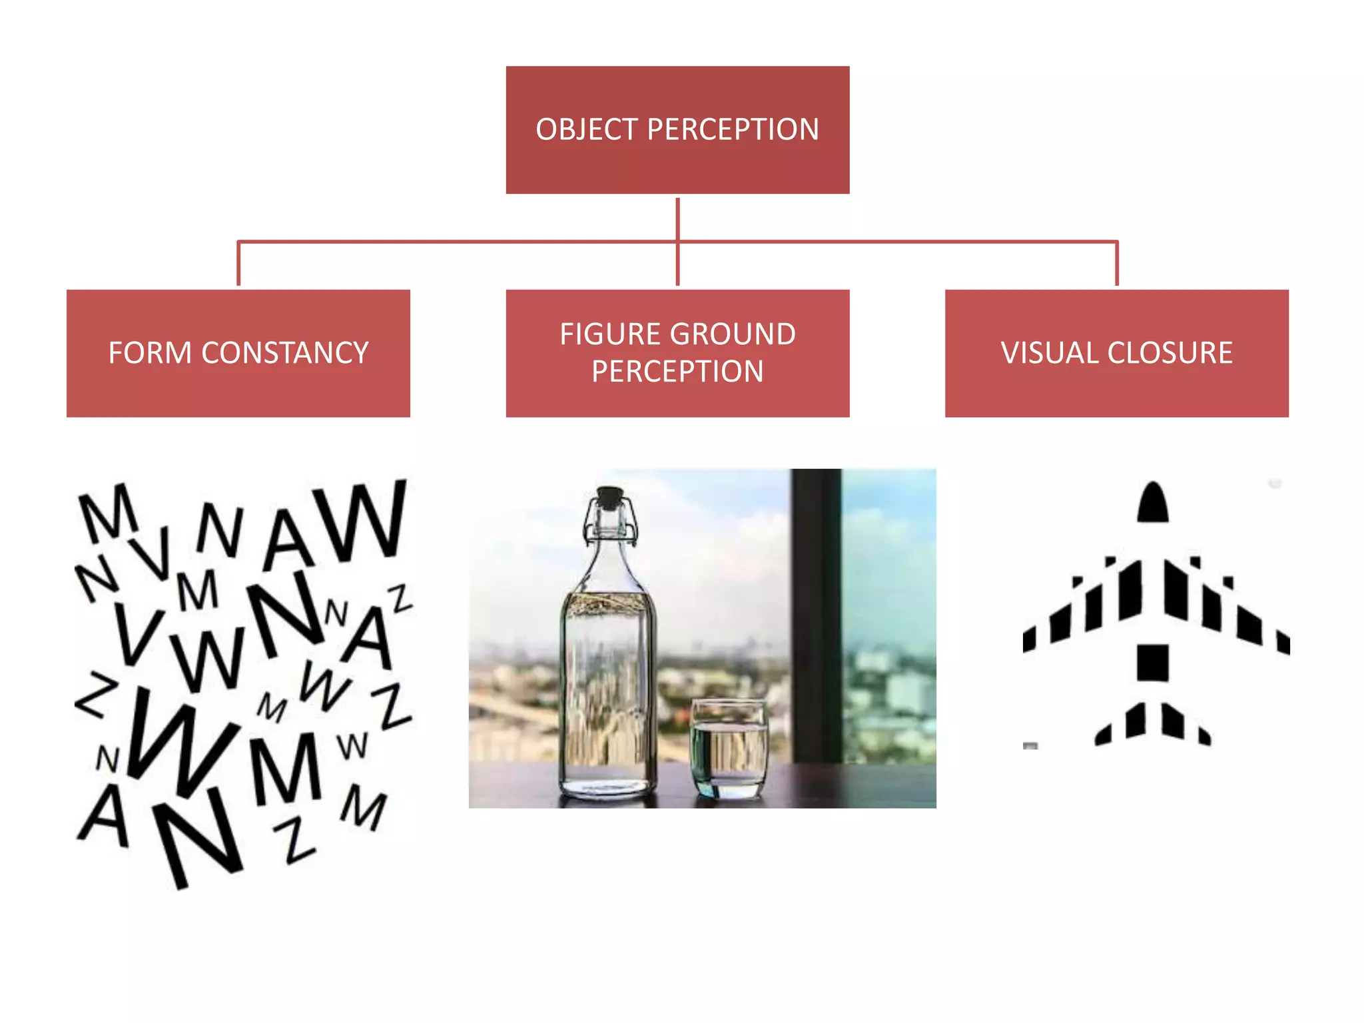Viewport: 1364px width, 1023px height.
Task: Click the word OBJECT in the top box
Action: pyautogui.click(x=587, y=130)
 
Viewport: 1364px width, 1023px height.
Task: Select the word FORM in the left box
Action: pyautogui.click(x=150, y=353)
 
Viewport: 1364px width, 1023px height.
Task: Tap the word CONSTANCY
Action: pyautogui.click(x=284, y=353)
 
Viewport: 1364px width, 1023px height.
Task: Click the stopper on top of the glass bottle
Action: pyautogui.click(x=609, y=497)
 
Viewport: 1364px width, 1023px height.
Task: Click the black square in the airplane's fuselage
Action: pyautogui.click(x=1152, y=662)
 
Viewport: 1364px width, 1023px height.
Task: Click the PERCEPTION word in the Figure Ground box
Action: pyautogui.click(x=677, y=372)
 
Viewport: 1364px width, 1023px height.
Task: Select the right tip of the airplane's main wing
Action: pyautogui.click(x=1283, y=642)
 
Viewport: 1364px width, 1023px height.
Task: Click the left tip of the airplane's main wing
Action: pyautogui.click(x=1030, y=639)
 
